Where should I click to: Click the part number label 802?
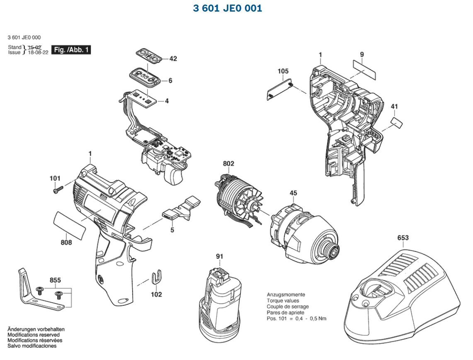[x=228, y=164]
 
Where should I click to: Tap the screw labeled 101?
[x=57, y=190]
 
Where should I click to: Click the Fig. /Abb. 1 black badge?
[x=71, y=50]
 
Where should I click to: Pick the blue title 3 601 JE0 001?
[x=228, y=8]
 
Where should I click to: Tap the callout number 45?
[x=293, y=193]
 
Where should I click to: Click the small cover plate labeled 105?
[x=280, y=89]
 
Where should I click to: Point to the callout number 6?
[x=170, y=80]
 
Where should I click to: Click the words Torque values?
[x=283, y=301]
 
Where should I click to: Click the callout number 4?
[x=167, y=101]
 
